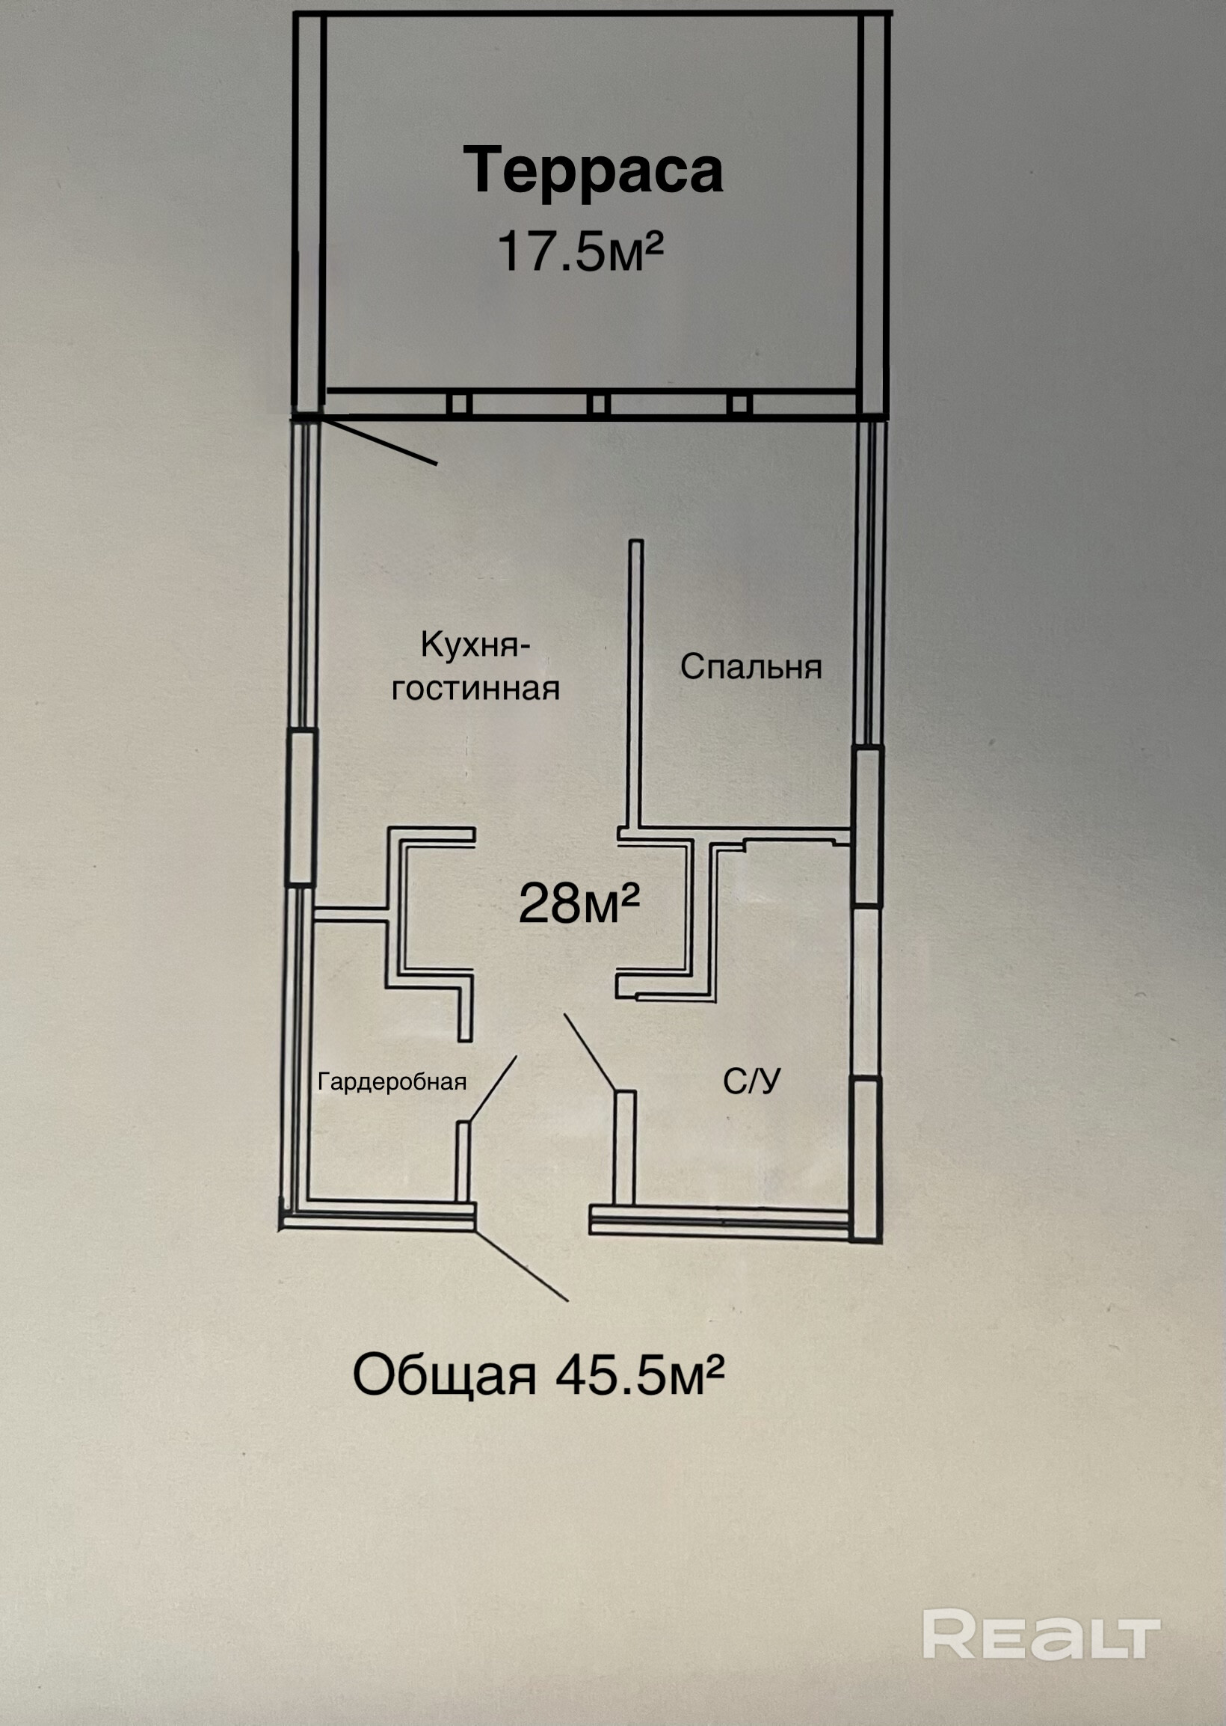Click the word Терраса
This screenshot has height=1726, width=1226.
pyautogui.click(x=594, y=171)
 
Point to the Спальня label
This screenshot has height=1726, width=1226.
pyautogui.click(x=751, y=666)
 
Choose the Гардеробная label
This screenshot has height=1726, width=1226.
pyautogui.click(x=392, y=1082)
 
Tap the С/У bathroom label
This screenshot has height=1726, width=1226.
pyautogui.click(x=751, y=1082)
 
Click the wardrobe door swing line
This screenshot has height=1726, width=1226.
pyautogui.click(x=492, y=1089)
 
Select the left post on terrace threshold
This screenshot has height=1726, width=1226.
pyautogui.click(x=458, y=403)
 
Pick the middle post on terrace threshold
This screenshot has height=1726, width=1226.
pyautogui.click(x=599, y=403)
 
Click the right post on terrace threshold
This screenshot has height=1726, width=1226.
pyautogui.click(x=740, y=403)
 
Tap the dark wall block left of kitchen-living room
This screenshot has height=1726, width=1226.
pyautogui.click(x=301, y=807)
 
